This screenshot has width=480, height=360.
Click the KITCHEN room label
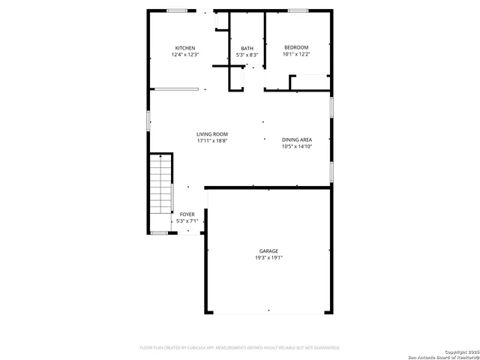point(185,48)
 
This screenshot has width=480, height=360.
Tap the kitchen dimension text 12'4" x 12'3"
point(185,55)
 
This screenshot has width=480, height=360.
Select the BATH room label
point(247,48)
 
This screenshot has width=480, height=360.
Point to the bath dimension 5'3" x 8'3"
point(247,55)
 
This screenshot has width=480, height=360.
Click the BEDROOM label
point(295,48)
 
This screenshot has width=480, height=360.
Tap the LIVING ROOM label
point(212,134)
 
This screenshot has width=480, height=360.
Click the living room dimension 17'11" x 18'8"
point(212,141)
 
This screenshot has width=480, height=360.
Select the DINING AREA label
point(297,139)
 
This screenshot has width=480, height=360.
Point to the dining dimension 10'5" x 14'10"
point(297,146)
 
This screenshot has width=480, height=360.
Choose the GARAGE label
point(268,250)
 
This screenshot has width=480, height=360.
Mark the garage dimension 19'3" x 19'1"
point(268,257)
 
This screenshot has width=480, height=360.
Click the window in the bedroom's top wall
point(298,10)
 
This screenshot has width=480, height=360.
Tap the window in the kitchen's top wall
point(177,10)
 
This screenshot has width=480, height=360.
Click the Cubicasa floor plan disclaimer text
point(240,348)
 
